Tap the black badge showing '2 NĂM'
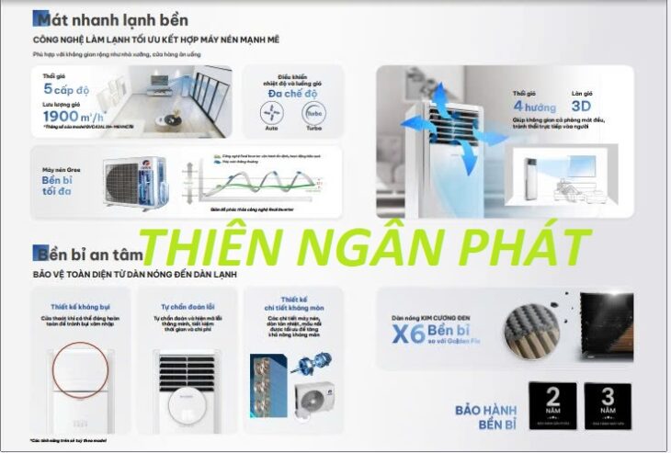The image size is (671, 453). pos(552,403)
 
